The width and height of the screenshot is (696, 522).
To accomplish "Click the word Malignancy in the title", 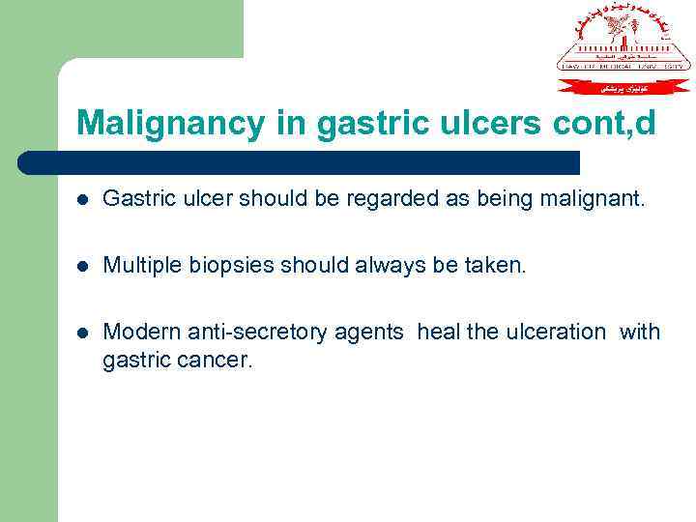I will point(156,123).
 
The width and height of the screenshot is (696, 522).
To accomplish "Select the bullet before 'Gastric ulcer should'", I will point(83,200).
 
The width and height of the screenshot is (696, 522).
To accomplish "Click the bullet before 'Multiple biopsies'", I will point(83,266).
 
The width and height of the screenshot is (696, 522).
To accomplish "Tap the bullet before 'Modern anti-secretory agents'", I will point(83,333).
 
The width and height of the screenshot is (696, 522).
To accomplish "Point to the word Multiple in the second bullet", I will point(138,265).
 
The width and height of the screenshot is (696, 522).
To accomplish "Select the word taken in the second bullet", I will point(498,265).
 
